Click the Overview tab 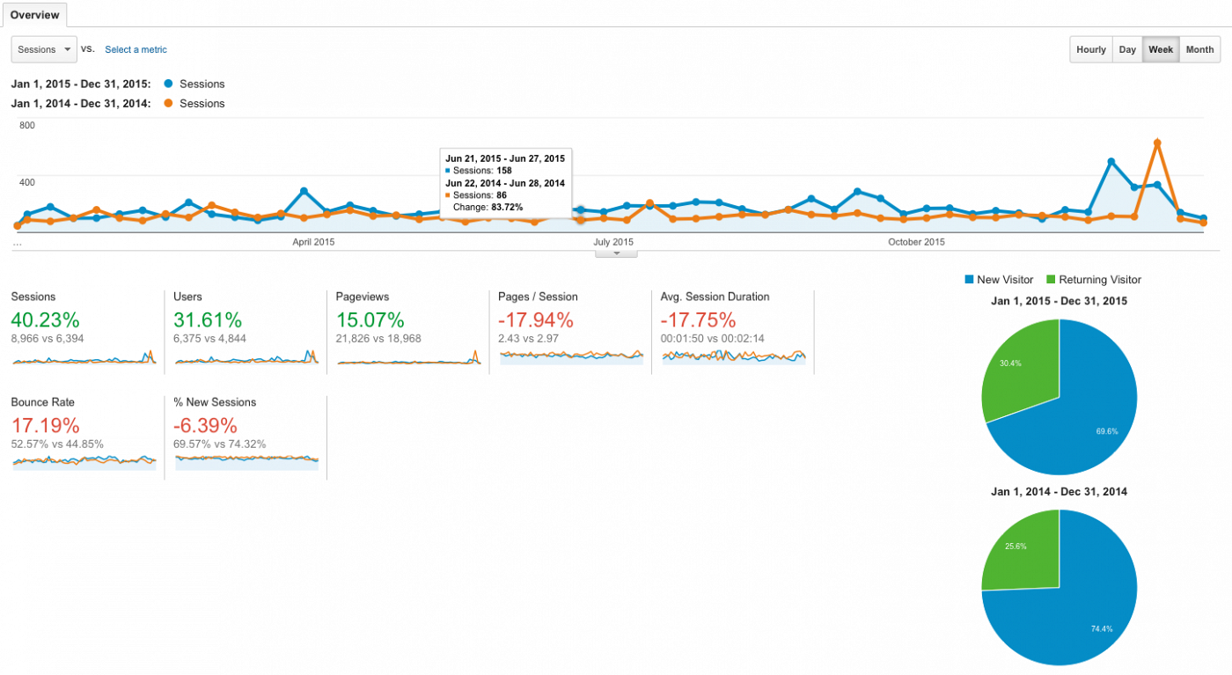tap(34, 15)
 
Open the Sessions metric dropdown tap(44, 49)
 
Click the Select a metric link tap(136, 50)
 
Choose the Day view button tap(1127, 49)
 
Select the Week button tap(1161, 49)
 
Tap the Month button tap(1199, 49)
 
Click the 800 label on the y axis tap(27, 126)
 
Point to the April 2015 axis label tap(313, 242)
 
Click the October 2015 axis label tap(916, 242)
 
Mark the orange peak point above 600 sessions tap(1157, 143)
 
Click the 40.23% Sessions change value tap(45, 319)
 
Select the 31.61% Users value tap(208, 319)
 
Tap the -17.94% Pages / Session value tap(536, 319)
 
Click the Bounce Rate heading tap(42, 402)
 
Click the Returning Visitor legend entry tap(1094, 280)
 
